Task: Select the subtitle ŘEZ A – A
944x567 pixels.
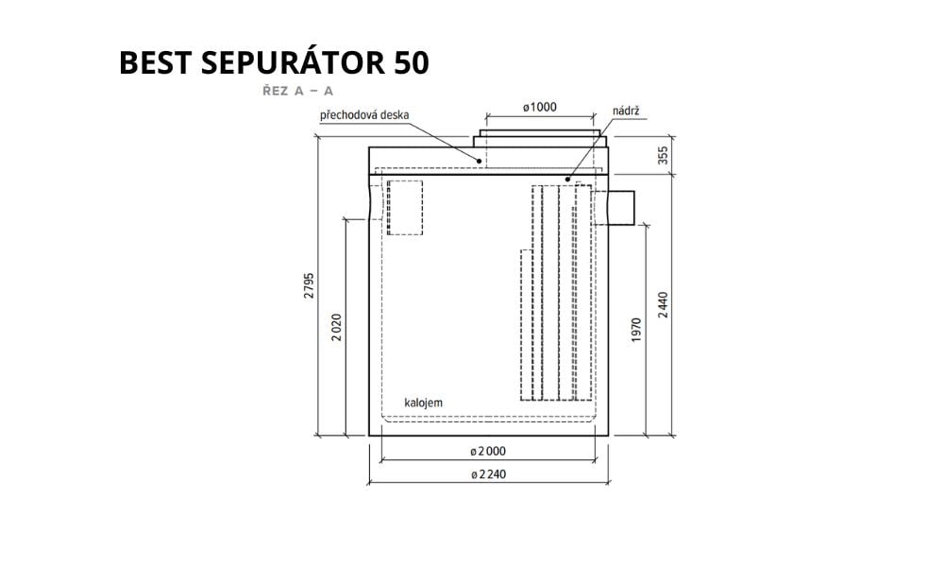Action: (x=297, y=91)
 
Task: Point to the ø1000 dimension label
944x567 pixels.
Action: (x=539, y=107)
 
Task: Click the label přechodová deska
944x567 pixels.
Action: (x=364, y=115)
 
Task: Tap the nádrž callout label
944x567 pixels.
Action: (x=626, y=111)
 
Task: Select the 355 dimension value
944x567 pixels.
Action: (x=663, y=156)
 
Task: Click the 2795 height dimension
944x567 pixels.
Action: (x=309, y=286)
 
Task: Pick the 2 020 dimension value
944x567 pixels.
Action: (x=337, y=328)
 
